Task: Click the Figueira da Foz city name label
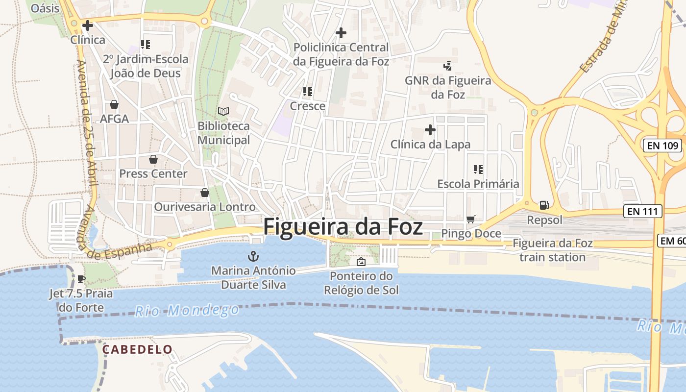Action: tap(343, 227)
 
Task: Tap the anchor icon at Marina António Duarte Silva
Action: tap(253, 256)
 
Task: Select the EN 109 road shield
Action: tap(662, 146)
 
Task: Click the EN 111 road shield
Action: tap(643, 212)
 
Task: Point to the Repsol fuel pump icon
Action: tap(544, 205)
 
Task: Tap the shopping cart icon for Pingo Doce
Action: tap(471, 219)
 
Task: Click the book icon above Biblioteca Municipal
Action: tap(223, 112)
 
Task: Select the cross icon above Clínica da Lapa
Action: tap(430, 130)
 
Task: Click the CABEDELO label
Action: tap(137, 349)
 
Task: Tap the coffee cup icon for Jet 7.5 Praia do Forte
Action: tap(81, 279)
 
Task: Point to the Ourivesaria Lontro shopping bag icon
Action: tap(204, 193)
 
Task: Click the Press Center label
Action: tap(153, 173)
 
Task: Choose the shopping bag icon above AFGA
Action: tap(114, 104)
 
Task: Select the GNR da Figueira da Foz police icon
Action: tap(447, 66)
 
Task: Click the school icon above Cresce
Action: tap(308, 92)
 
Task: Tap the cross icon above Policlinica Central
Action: tap(341, 33)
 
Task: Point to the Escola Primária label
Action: tap(478, 184)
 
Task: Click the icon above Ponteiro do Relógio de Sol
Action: tap(361, 262)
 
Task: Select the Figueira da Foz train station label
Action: tap(552, 250)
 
